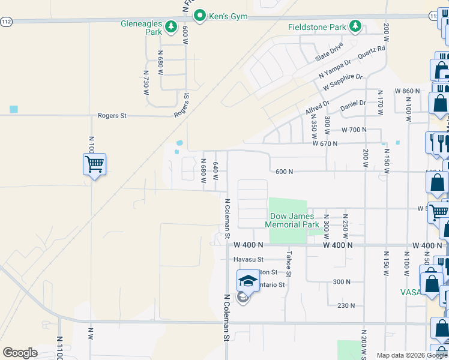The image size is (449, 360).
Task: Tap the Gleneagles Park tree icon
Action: pyautogui.click(x=170, y=26)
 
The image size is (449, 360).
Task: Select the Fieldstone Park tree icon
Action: pyautogui.click(x=356, y=26)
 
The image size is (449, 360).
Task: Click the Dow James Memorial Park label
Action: pyautogui.click(x=294, y=220)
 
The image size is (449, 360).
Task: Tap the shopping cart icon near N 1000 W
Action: pyautogui.click(x=94, y=163)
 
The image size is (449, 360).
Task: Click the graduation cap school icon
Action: pyautogui.click(x=247, y=280)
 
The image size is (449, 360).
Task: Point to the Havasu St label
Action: pyautogui.click(x=249, y=259)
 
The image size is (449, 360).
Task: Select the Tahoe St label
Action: pyautogui.click(x=289, y=263)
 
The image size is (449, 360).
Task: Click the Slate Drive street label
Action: pyautogui.click(x=330, y=52)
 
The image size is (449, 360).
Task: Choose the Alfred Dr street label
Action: pyautogui.click(x=317, y=107)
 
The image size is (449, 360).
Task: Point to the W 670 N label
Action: pyautogui.click(x=325, y=143)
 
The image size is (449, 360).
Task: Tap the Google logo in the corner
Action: pyautogui.click(x=20, y=352)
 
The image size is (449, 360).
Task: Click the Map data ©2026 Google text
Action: pyautogui.click(x=411, y=355)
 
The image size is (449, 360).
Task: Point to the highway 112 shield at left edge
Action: pyautogui.click(x=6, y=21)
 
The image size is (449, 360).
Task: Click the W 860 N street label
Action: pyautogui.click(x=407, y=91)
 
